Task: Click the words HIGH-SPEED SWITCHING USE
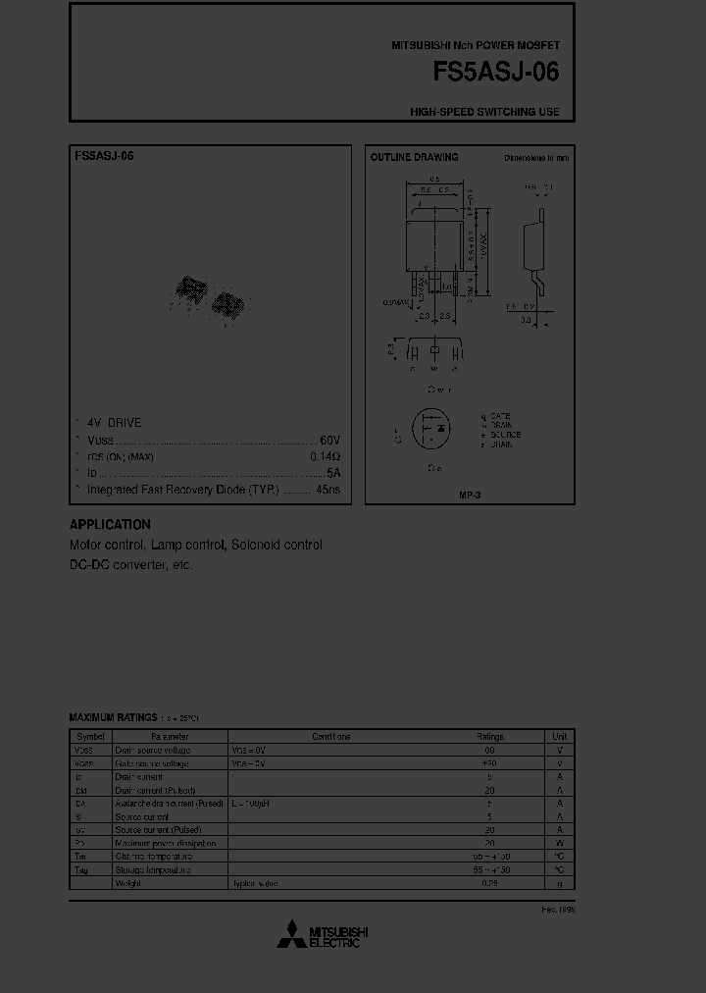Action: click(484, 112)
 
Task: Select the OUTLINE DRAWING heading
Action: click(414, 157)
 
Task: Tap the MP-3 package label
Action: click(470, 496)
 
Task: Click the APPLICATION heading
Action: click(110, 524)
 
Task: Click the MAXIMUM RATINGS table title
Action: click(112, 717)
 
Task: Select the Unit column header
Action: click(559, 736)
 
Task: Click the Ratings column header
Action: click(489, 736)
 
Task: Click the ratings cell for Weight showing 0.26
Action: click(489, 883)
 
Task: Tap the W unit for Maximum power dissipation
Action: click(559, 843)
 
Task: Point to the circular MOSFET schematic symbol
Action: click(431, 430)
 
